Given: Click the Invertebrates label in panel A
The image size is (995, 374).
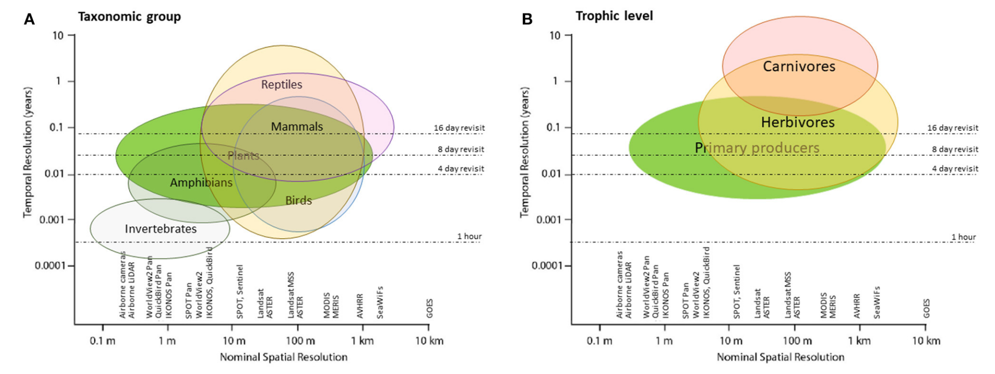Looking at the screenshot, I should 161,229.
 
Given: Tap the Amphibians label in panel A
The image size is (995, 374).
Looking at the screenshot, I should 201,183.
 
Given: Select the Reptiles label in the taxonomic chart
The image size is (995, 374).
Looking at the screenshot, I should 281,85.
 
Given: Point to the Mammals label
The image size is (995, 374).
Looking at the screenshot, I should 297,127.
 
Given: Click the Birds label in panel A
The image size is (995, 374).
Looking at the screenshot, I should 298,200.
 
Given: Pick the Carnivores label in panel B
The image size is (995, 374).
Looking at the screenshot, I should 799,66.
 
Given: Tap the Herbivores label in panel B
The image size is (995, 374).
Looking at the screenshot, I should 798,122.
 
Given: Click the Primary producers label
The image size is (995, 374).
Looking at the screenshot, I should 756,148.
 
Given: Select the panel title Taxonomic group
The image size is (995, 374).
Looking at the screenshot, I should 129,16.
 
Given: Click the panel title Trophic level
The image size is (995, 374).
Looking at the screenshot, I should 614,16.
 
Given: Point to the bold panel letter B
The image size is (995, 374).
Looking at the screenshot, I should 527,19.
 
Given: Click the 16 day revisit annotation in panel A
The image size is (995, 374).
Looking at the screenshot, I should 459,128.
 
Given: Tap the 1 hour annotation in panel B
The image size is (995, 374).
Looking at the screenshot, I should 963,237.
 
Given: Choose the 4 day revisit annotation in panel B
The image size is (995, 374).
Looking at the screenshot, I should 955,169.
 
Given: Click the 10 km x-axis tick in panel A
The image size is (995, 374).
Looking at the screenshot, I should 429,341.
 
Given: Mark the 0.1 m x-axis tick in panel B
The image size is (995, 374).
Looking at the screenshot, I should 599,341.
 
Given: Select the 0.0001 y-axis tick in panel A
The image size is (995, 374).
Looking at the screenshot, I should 50,266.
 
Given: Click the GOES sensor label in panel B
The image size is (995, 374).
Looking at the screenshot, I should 926,308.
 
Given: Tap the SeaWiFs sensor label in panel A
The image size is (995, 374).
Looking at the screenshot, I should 380,302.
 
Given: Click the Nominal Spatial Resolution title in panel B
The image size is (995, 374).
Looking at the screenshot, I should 780,357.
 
